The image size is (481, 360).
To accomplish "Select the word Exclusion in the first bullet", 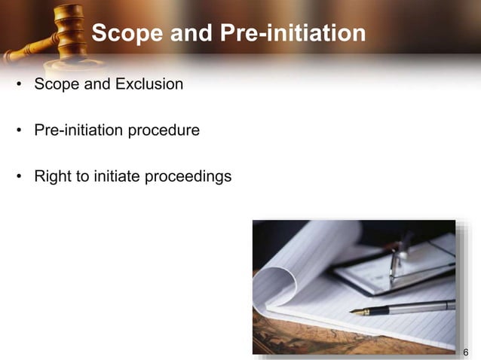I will [149, 84].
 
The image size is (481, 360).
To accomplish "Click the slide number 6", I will [465, 352].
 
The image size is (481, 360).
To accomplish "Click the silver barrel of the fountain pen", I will [422, 306].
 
